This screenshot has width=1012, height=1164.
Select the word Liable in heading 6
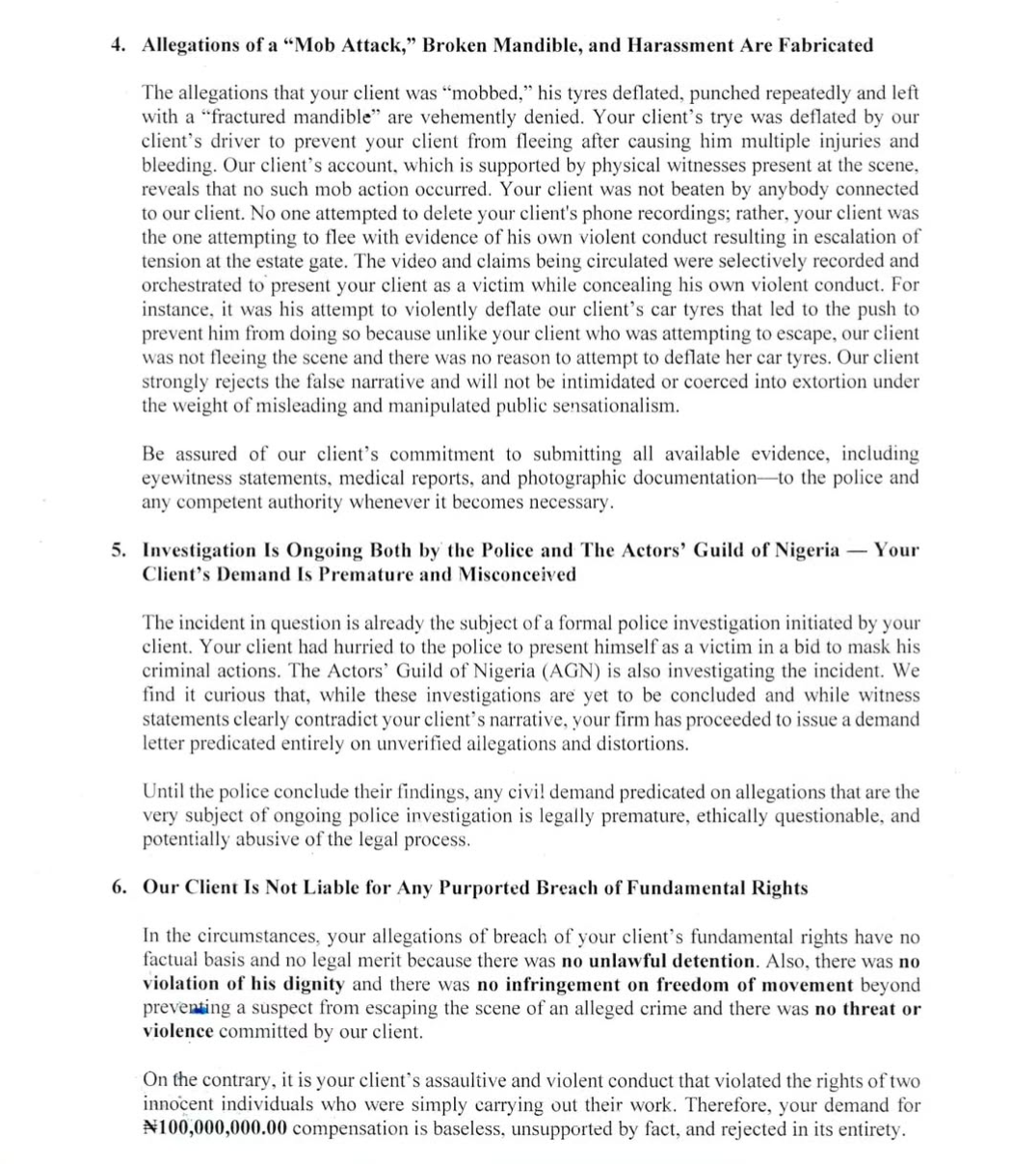pyautogui.click(x=332, y=887)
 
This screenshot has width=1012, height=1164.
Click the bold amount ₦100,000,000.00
pyautogui.click(x=214, y=1128)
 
